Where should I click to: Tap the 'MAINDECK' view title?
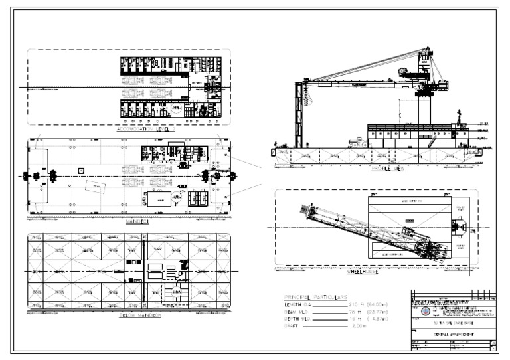click(137, 221)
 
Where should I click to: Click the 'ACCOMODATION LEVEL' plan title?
click(143, 129)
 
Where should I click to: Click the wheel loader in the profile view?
click(361, 141)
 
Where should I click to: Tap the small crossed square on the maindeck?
click(80, 170)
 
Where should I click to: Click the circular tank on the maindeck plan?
click(178, 196)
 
